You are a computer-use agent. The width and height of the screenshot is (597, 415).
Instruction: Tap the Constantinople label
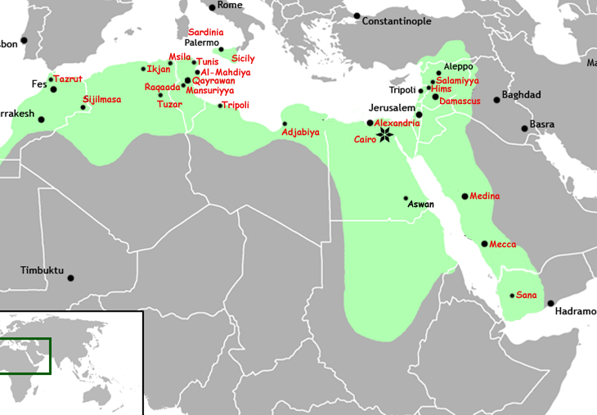click(x=397, y=21)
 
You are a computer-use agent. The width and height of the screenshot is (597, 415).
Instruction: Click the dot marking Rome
click(x=212, y=7)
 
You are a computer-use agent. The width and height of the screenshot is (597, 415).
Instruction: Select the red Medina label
click(x=485, y=196)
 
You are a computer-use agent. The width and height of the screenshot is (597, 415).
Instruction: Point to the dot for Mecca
click(x=485, y=244)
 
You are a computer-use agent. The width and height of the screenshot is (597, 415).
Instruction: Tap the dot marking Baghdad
click(x=496, y=100)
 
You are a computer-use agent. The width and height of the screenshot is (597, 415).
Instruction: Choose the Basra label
click(x=541, y=124)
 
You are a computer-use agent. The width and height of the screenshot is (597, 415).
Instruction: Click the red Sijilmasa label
click(x=102, y=100)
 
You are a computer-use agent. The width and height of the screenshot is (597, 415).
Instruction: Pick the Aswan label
click(x=421, y=204)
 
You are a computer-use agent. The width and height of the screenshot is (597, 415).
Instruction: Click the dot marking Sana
click(x=512, y=295)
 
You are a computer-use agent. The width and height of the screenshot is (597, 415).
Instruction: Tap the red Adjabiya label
click(x=300, y=132)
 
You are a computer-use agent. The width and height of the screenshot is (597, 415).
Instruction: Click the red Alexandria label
click(x=397, y=123)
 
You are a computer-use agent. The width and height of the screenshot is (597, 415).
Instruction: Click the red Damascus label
click(x=460, y=101)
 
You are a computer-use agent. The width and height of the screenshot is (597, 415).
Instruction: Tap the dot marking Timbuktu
click(x=70, y=278)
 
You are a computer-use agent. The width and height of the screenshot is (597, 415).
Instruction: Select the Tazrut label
click(x=68, y=79)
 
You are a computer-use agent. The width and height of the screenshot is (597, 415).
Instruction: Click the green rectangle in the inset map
click(x=25, y=356)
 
